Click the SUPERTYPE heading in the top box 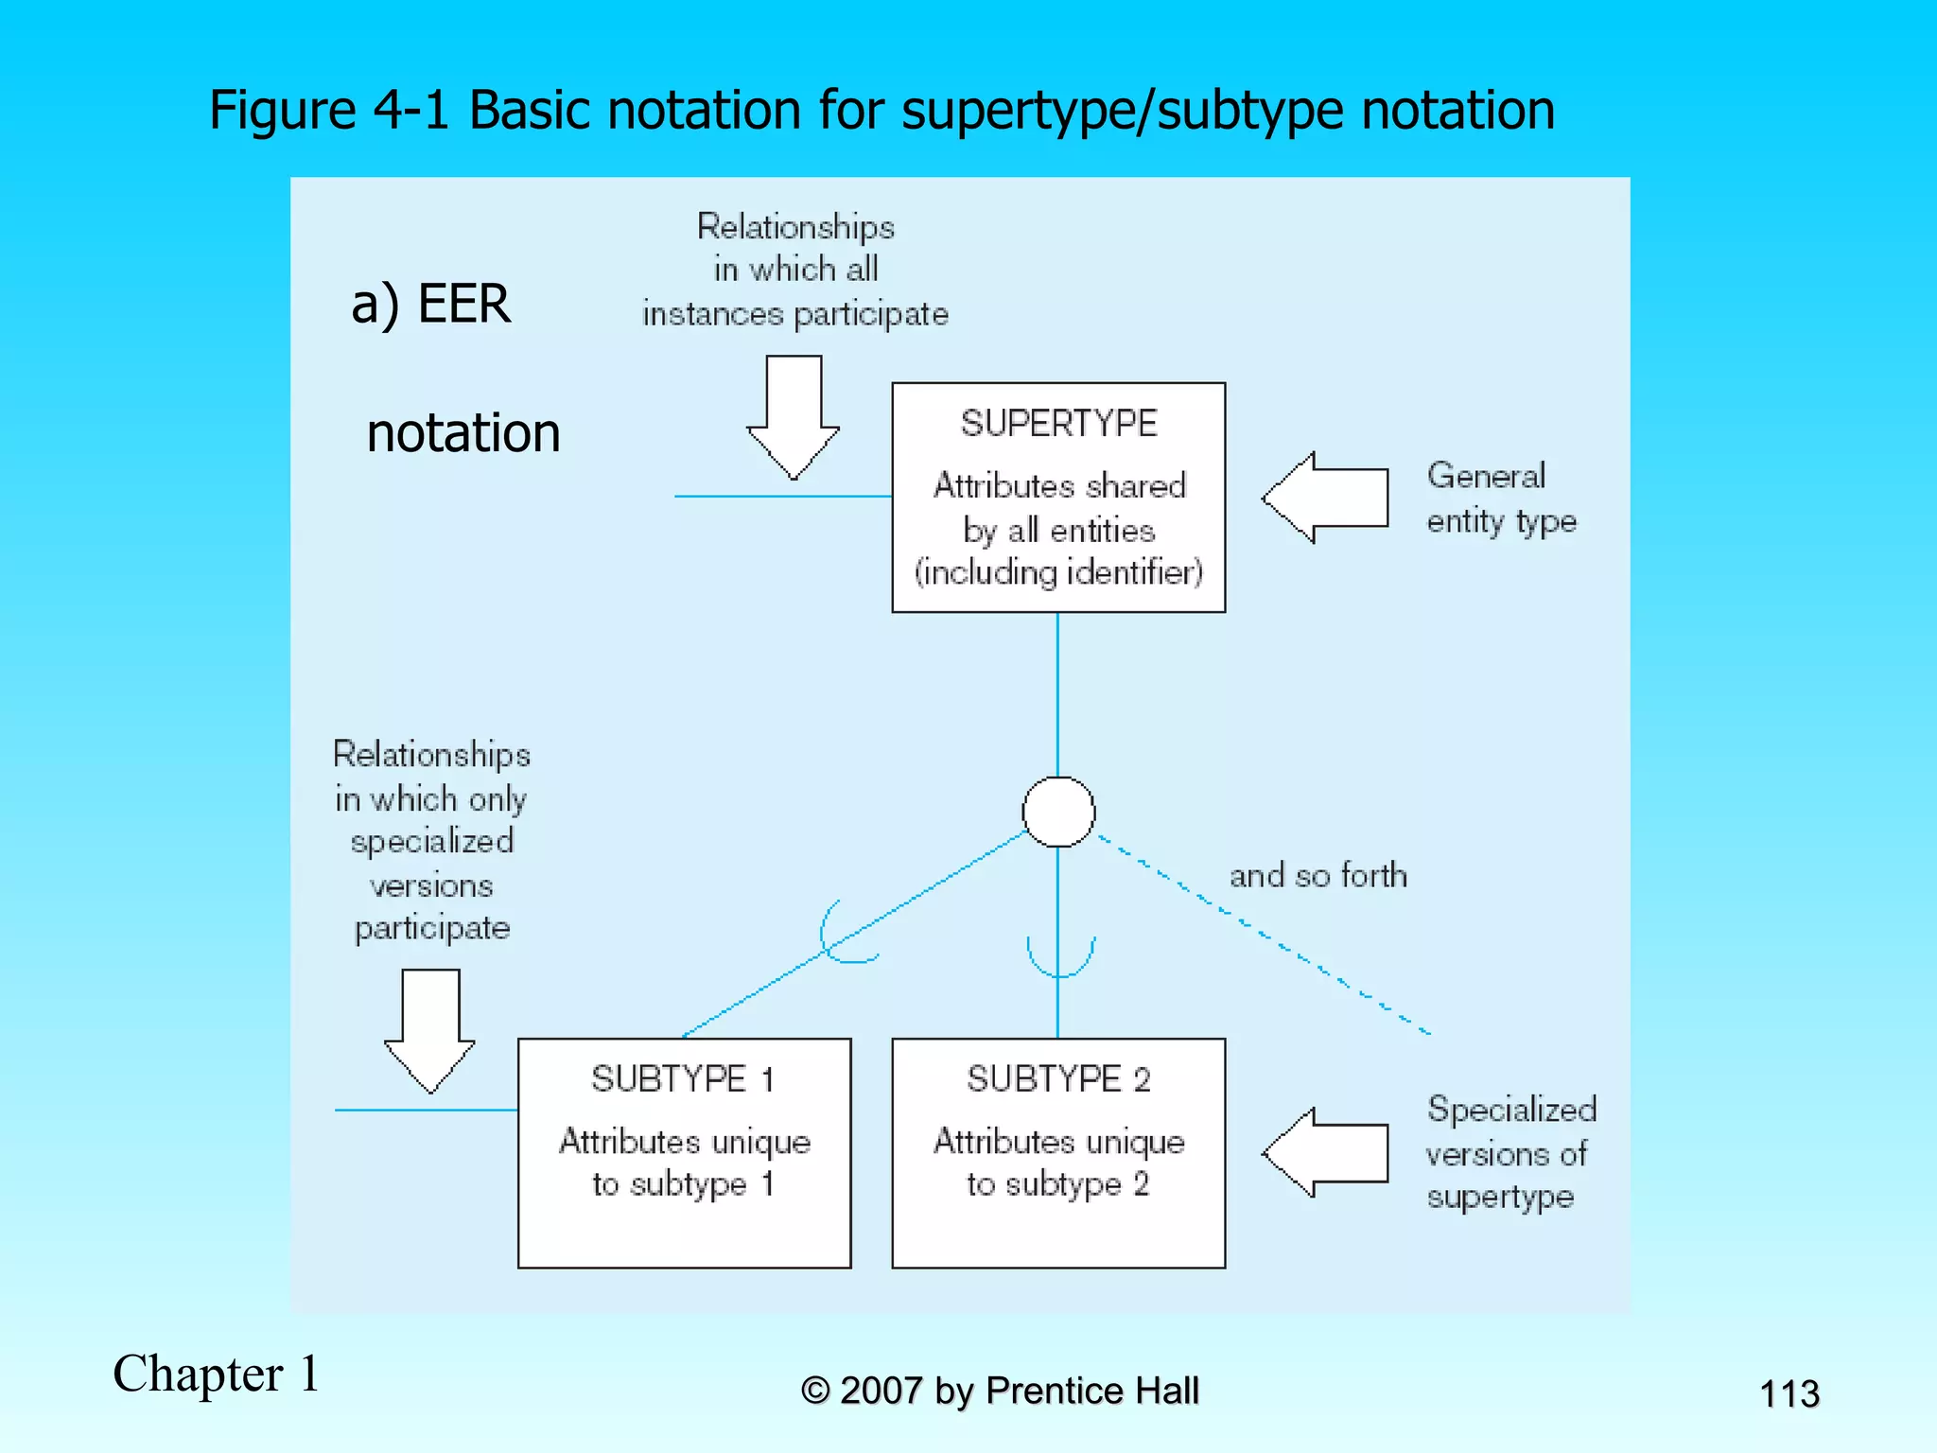(x=1058, y=423)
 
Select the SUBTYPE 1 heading (x=683, y=1078)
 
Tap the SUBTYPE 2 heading (x=1058, y=1078)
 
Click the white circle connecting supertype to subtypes (x=1058, y=812)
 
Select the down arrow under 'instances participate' (x=794, y=416)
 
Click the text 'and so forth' (x=1318, y=876)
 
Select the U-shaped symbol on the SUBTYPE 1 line (x=842, y=937)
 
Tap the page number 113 (x=1789, y=1393)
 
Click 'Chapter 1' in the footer (x=217, y=1374)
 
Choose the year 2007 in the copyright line (x=881, y=1391)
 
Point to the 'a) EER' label (x=430, y=305)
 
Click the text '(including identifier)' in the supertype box (x=1058, y=572)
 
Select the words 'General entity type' (x=1501, y=499)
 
